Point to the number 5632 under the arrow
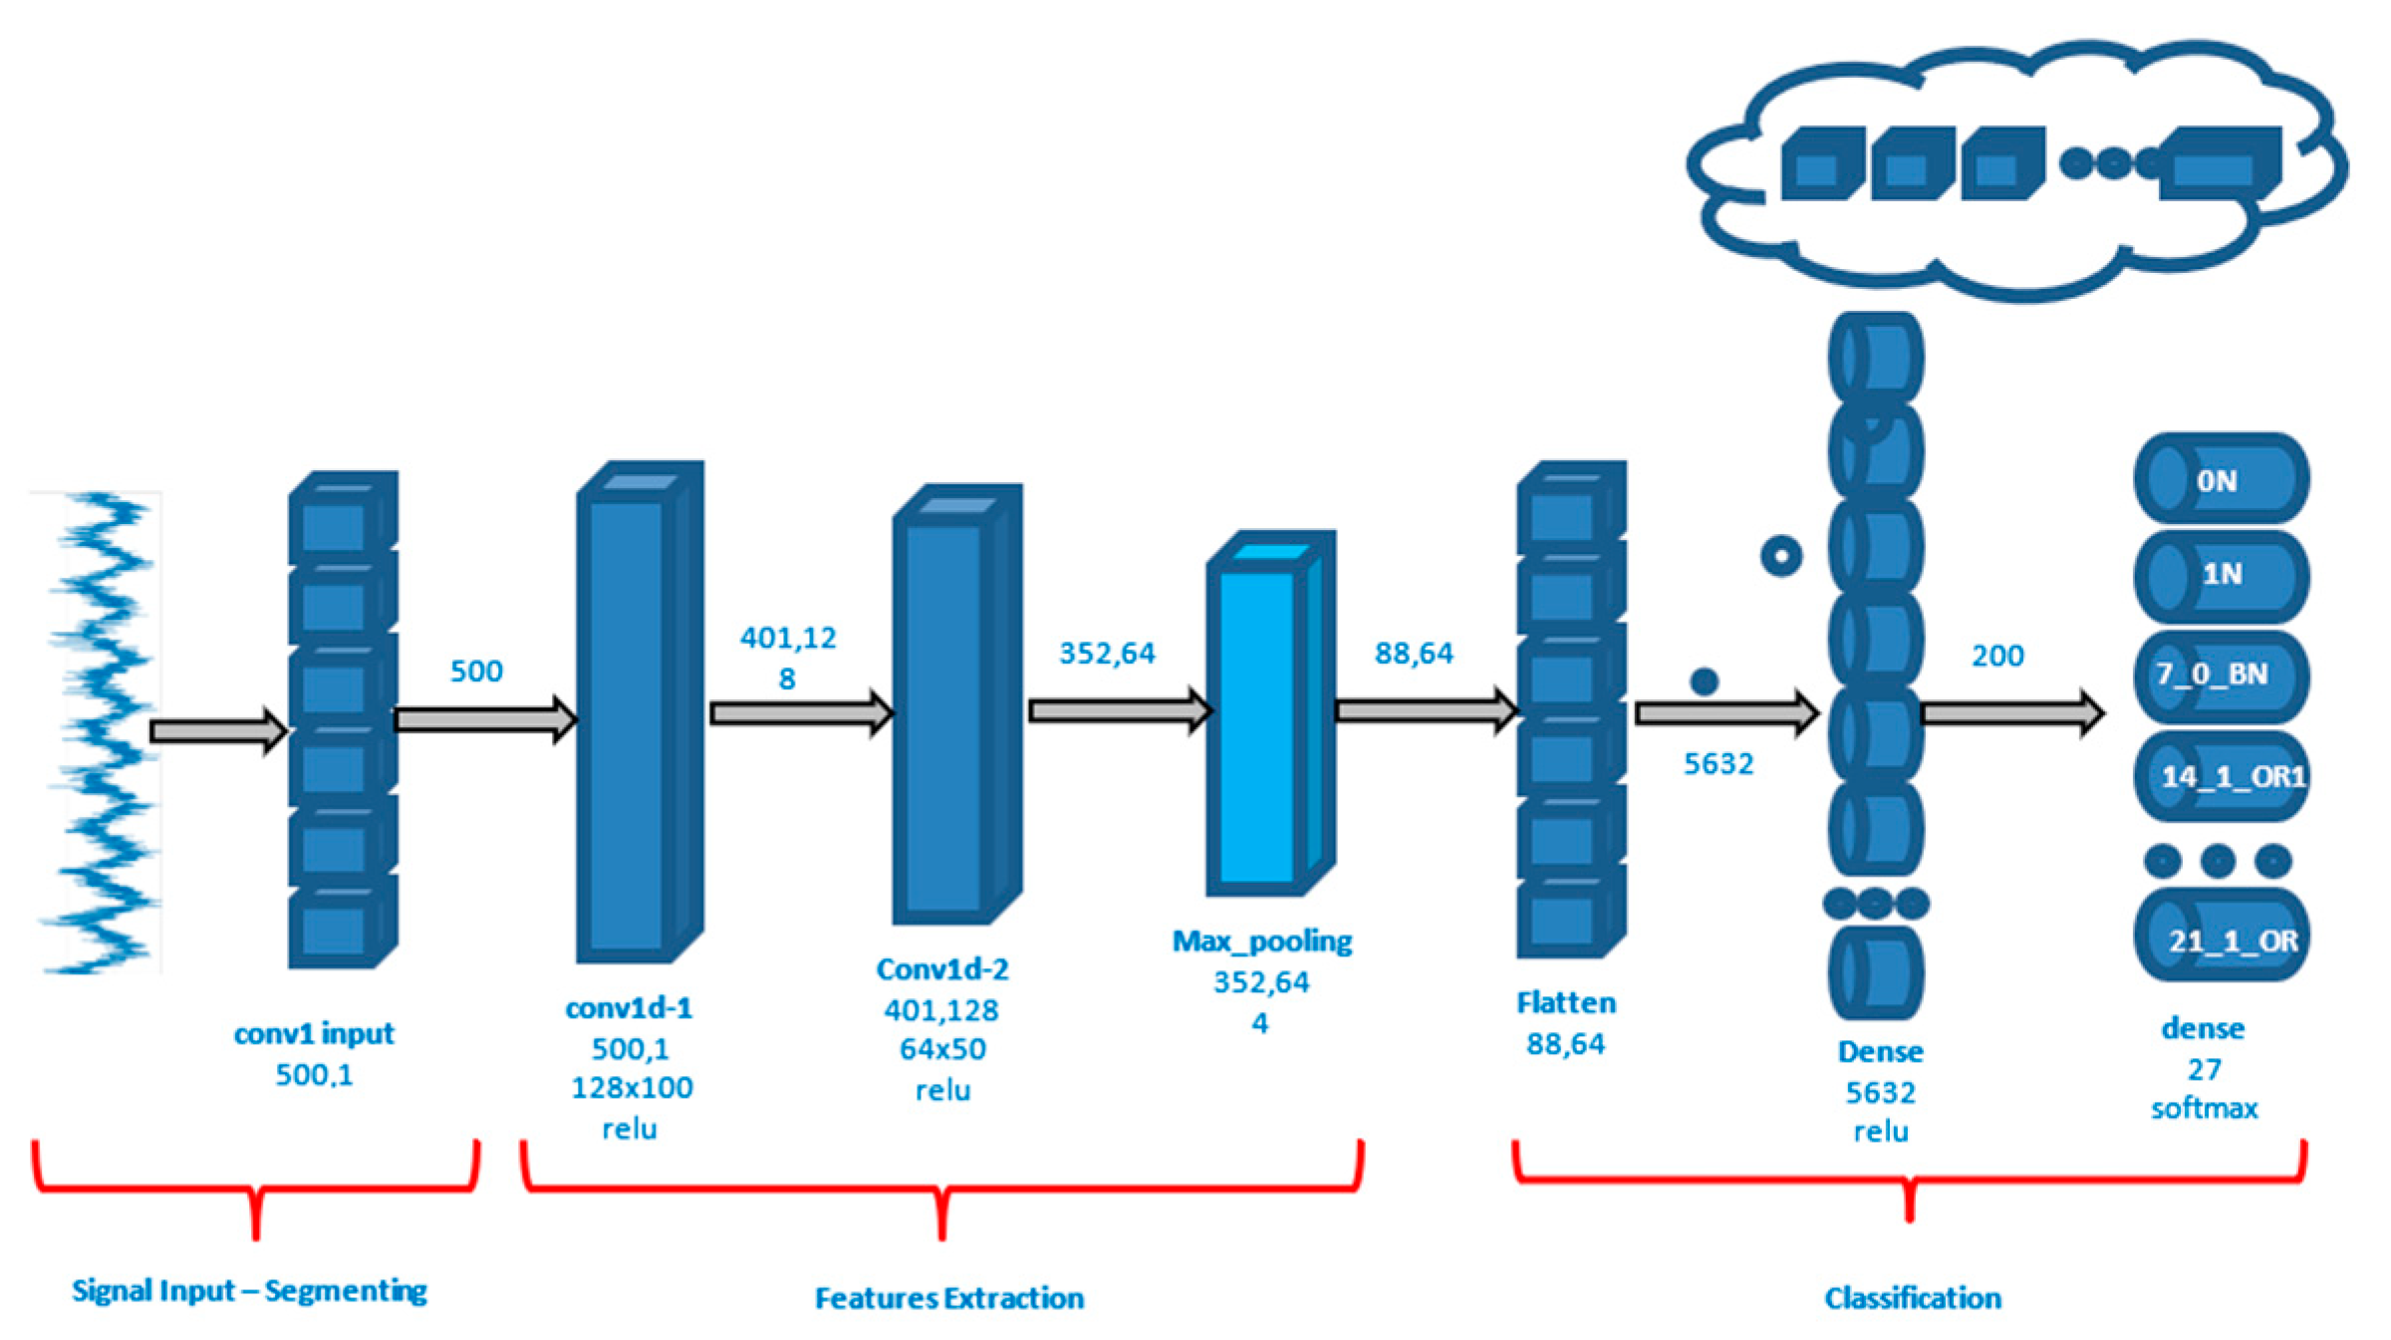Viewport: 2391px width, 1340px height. click(x=1718, y=763)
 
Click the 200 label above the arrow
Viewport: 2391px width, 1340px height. click(x=1997, y=656)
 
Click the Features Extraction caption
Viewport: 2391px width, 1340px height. click(x=948, y=1297)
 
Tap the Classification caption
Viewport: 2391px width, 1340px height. click(x=1912, y=1297)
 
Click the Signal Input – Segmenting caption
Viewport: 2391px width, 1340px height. click(x=249, y=1290)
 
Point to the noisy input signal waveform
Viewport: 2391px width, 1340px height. click(x=100, y=732)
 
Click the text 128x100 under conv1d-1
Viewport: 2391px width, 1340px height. click(x=632, y=1087)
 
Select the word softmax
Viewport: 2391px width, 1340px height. click(x=2204, y=1108)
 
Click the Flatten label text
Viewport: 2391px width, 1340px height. click(x=1565, y=1002)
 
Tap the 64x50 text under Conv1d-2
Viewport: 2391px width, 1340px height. click(x=942, y=1048)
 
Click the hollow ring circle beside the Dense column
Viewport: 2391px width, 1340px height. click(x=1780, y=555)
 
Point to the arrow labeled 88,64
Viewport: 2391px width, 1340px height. click(x=1425, y=710)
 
